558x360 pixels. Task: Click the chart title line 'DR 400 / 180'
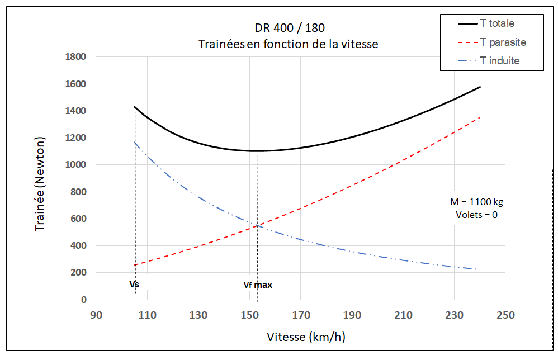(x=289, y=27)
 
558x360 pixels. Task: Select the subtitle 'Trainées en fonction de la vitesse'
(x=289, y=44)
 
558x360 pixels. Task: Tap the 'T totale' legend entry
(x=497, y=23)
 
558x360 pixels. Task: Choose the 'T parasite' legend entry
(x=503, y=42)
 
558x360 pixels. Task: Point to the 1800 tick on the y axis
(x=75, y=57)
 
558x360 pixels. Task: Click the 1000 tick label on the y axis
(x=75, y=165)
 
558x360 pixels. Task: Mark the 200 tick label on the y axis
(x=78, y=273)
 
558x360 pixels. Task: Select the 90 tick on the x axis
(x=96, y=315)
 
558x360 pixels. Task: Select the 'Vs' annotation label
(x=134, y=285)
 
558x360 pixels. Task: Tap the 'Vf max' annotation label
(x=258, y=285)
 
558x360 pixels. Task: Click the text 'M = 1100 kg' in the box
(x=477, y=201)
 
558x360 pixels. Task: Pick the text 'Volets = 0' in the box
(x=477, y=215)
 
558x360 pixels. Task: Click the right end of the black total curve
(x=480, y=87)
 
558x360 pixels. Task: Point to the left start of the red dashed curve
(x=135, y=265)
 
